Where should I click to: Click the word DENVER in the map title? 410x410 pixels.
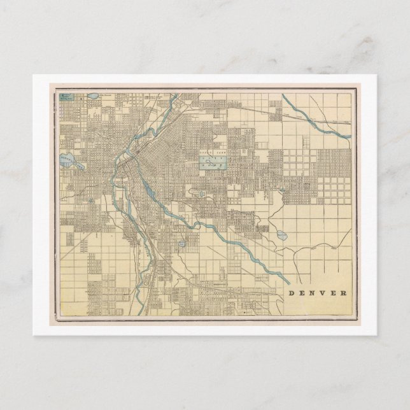pyautogui.click(x=318, y=293)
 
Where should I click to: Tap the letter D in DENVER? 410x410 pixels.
pyautogui.click(x=292, y=293)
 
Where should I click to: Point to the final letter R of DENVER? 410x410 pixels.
pyautogui.click(x=344, y=293)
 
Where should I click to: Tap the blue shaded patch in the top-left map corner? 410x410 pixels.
pyautogui.click(x=66, y=97)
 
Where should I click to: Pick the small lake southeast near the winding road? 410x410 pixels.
pyautogui.click(x=281, y=235)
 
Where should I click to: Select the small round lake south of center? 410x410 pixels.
pyautogui.click(x=181, y=243)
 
